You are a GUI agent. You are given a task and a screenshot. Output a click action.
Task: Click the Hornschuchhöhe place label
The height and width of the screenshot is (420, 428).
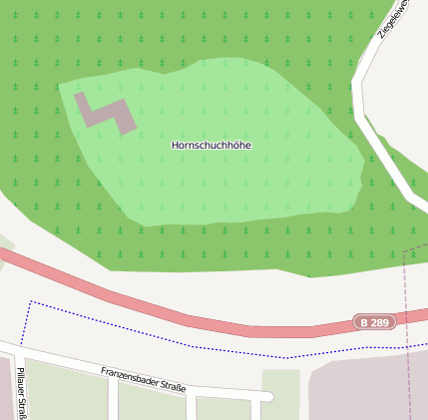point(212,146)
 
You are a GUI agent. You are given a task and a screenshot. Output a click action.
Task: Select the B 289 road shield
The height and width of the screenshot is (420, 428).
point(375,323)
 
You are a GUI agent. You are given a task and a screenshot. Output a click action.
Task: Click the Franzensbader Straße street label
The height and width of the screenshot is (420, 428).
point(143,380)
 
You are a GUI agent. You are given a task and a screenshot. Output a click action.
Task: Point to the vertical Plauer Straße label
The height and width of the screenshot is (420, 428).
point(21,393)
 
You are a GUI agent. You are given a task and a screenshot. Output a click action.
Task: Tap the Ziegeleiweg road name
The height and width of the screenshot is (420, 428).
point(394,18)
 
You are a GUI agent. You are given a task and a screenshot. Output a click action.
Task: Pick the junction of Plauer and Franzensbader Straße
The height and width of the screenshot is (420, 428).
point(19,352)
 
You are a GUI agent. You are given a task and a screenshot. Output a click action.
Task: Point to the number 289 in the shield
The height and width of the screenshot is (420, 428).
point(380,323)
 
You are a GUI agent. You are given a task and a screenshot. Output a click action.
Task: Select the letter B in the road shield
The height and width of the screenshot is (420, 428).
point(364,323)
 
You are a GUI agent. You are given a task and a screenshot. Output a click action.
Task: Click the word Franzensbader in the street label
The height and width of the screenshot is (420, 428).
point(128,376)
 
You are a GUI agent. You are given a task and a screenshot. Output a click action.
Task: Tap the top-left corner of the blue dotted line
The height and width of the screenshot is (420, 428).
point(32,301)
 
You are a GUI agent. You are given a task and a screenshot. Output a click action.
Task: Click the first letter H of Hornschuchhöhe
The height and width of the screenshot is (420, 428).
point(176,146)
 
